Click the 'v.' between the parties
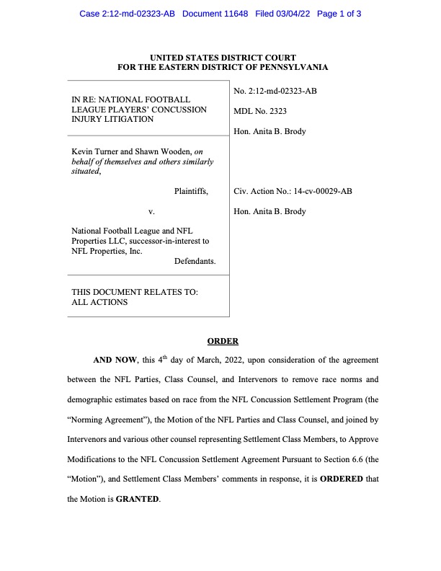click(x=151, y=212)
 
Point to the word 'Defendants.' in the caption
click(x=195, y=261)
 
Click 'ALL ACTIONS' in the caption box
click(x=99, y=303)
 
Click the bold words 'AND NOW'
click(x=115, y=359)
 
